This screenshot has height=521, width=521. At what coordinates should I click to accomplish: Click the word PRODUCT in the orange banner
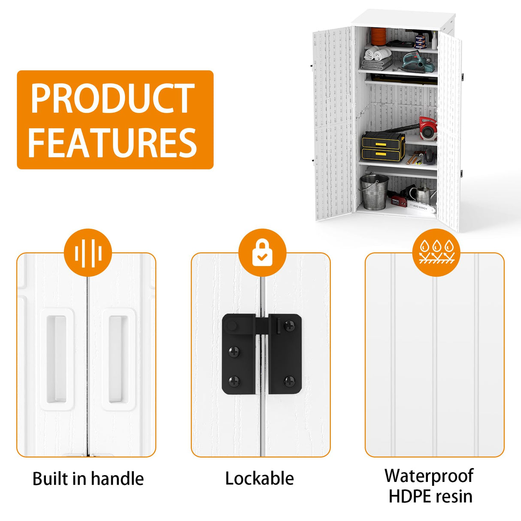pos(112,98)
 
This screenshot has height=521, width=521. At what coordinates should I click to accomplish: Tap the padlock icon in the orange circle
pos(262,252)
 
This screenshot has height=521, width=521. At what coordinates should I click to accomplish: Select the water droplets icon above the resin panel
pos(436,252)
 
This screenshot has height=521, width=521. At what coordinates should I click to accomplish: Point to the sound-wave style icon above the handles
pos(88,252)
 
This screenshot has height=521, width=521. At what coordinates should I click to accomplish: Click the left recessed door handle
pos(56,360)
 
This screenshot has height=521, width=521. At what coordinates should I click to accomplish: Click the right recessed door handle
pos(118,360)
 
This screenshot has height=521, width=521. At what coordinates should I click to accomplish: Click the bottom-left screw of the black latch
pos(234,380)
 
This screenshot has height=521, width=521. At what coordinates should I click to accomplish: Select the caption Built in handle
pos(88,479)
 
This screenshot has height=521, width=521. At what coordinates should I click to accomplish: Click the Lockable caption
pos(260,479)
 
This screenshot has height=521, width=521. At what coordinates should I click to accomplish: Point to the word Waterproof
pos(429,476)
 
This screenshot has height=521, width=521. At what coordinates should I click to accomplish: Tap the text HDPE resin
pos(430,496)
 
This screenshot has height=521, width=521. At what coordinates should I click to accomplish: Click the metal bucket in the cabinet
pos(374,191)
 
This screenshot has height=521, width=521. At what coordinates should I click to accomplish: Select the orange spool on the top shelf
pos(379,36)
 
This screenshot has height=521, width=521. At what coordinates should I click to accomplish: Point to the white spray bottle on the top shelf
pos(434,41)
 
